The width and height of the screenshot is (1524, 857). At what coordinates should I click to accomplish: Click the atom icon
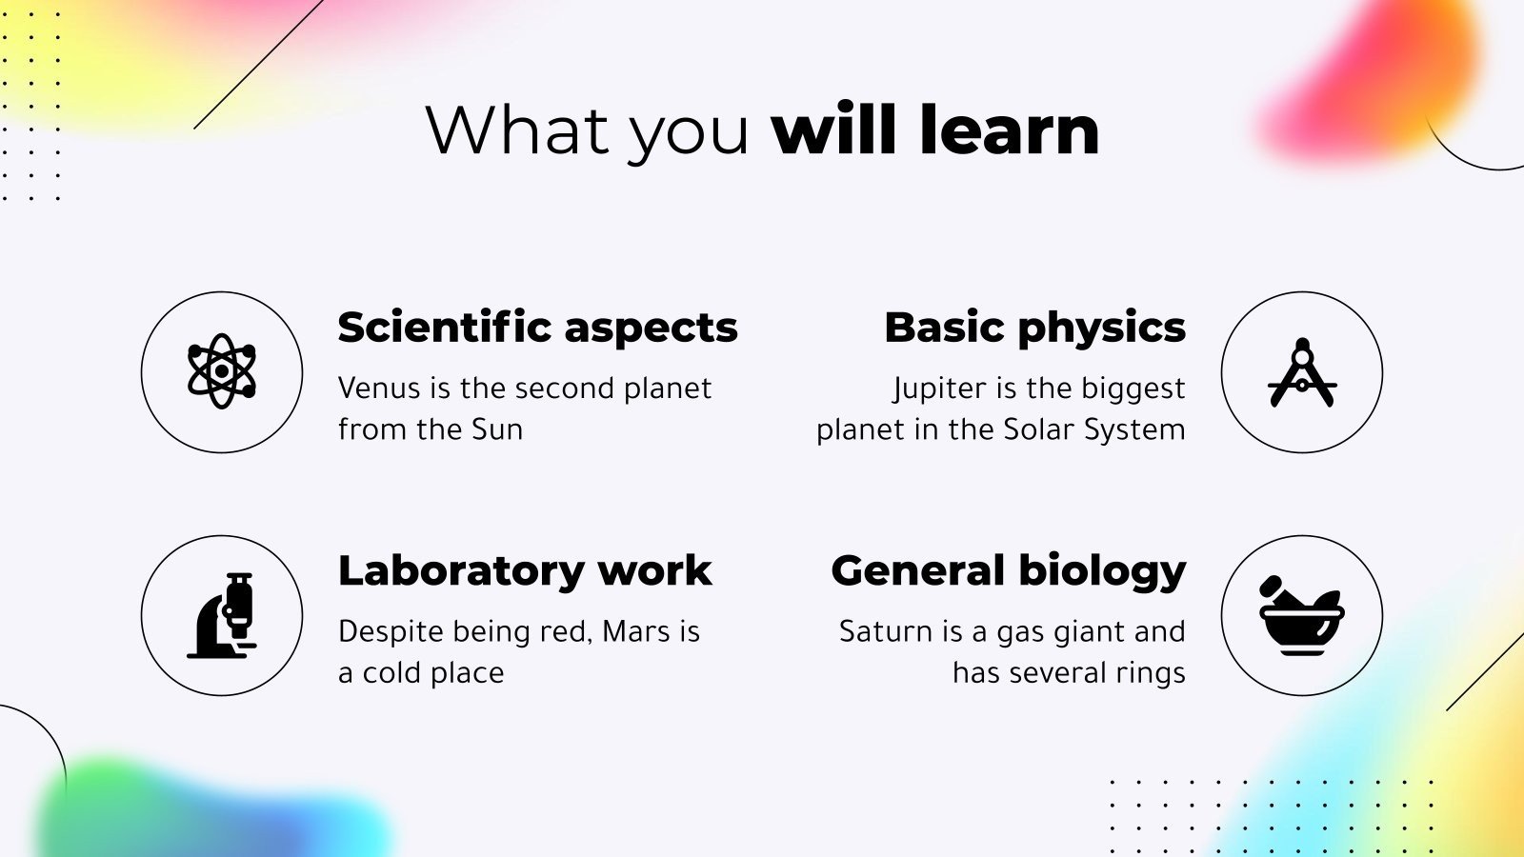[222, 371]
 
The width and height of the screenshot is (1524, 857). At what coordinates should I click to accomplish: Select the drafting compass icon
[1302, 371]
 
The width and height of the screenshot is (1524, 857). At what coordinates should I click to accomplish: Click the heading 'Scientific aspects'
[537, 328]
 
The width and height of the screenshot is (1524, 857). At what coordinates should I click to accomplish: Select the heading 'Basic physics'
[1034, 328]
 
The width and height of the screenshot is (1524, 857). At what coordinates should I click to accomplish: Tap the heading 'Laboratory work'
[525, 571]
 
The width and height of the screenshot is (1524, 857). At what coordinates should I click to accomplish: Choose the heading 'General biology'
[1009, 571]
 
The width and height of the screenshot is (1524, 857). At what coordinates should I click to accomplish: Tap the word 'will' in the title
[834, 130]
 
